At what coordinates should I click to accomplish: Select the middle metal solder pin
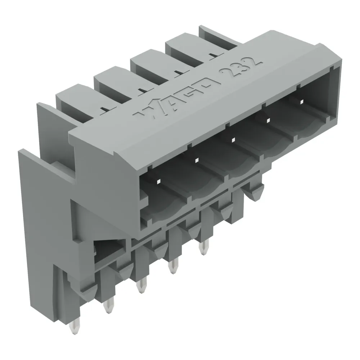[141, 285]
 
